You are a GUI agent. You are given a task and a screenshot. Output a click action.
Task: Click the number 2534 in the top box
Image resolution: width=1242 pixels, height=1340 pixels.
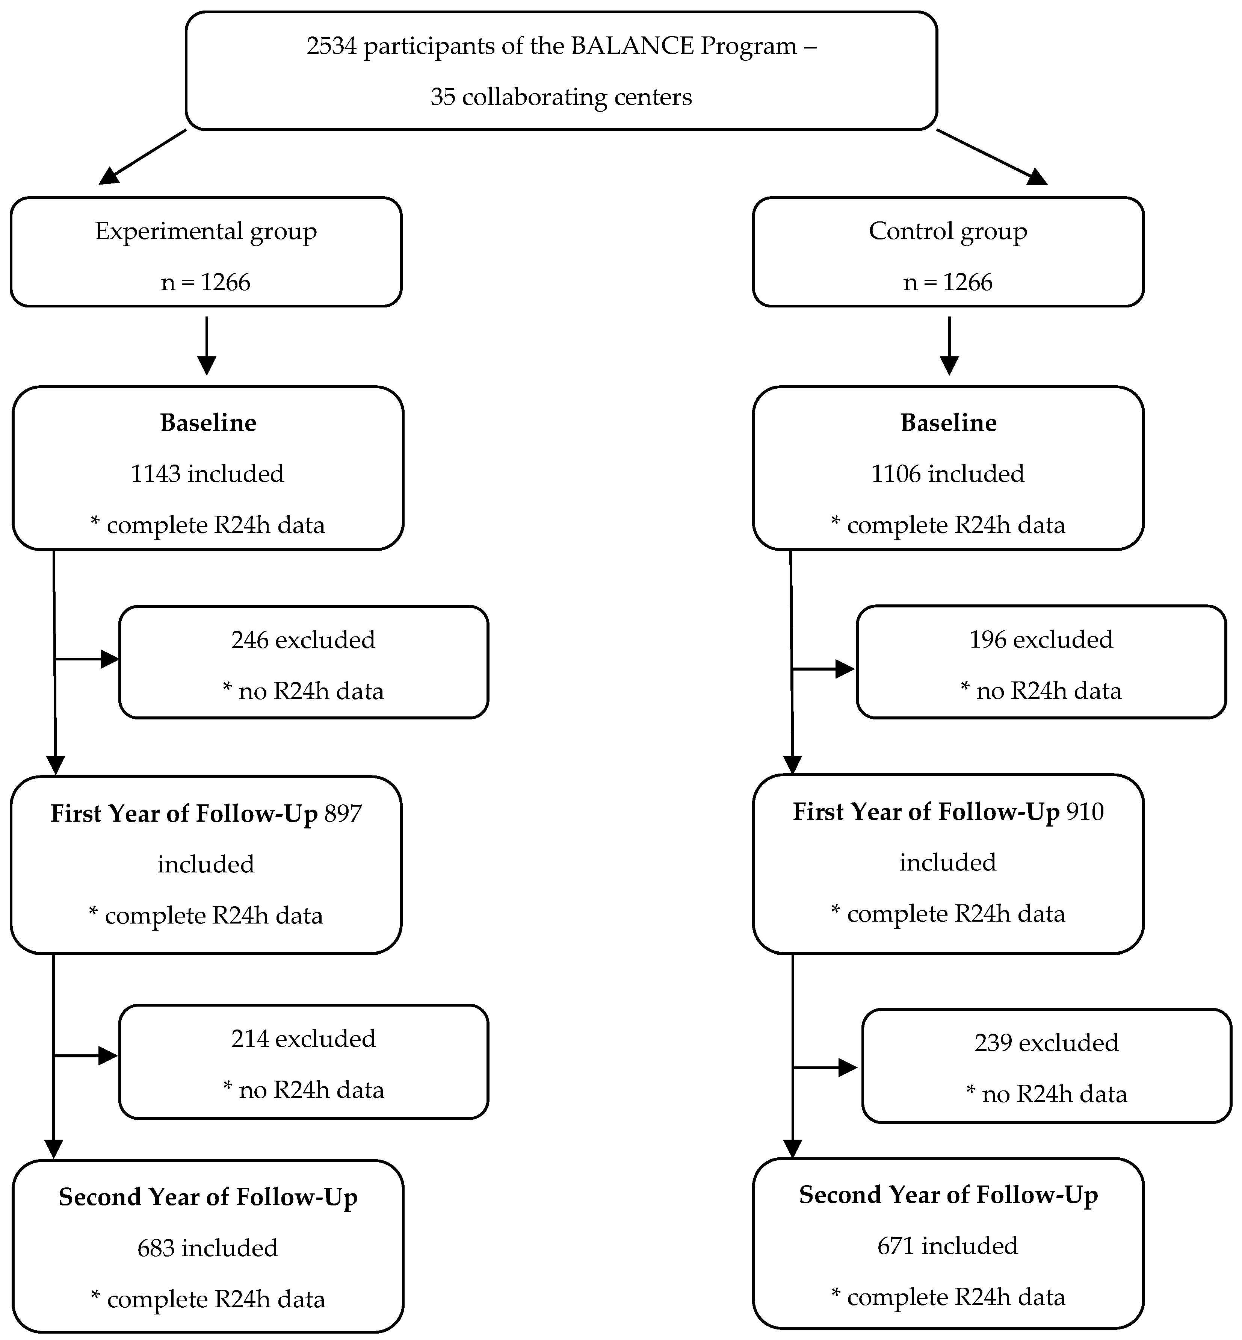coord(332,46)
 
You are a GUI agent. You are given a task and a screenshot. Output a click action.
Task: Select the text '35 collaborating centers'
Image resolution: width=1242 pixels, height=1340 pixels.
coord(561,97)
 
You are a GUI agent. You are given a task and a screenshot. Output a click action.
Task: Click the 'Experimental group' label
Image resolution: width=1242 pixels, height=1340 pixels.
coord(205,231)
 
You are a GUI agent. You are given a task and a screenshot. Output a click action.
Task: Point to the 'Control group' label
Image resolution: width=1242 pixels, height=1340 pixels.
coord(947,231)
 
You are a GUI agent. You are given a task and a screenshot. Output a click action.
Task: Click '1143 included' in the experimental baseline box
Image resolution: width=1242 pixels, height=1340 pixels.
coord(207,474)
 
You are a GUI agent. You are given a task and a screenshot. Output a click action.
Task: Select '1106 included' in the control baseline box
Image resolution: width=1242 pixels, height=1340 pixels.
coord(947,474)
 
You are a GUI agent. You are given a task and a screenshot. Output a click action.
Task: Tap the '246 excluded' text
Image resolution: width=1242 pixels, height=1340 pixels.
coord(303,640)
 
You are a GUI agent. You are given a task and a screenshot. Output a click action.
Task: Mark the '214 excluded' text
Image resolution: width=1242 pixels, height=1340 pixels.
coord(303,1039)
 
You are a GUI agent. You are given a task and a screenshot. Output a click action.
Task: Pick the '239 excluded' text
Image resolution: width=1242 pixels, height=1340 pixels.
coord(1046,1043)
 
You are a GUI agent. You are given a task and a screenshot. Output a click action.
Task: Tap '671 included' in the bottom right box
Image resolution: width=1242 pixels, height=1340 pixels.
coord(947,1246)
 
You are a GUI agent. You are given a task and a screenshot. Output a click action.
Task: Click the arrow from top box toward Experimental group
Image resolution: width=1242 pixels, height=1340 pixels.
coord(142,157)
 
